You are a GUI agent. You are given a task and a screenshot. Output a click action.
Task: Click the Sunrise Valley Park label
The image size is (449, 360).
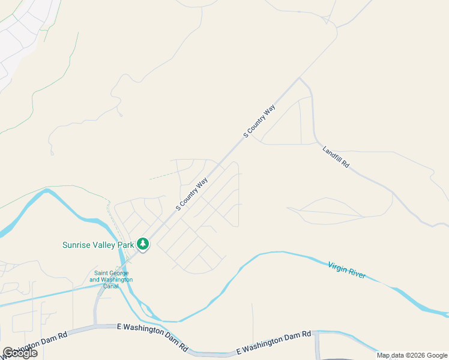pos(98,245)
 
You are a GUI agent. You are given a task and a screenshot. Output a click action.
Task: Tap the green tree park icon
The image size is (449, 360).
pos(143,244)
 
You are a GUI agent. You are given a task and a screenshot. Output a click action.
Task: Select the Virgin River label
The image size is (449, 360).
pos(346,270)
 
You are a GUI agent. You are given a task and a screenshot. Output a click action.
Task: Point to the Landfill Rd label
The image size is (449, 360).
pos(336,157)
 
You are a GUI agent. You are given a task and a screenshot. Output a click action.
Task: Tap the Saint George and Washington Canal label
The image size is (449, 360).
pos(111,277)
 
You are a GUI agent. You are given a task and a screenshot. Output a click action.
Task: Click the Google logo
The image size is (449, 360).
pos(20,353)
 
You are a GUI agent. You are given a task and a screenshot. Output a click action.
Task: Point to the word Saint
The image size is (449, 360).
pos(97,274)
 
